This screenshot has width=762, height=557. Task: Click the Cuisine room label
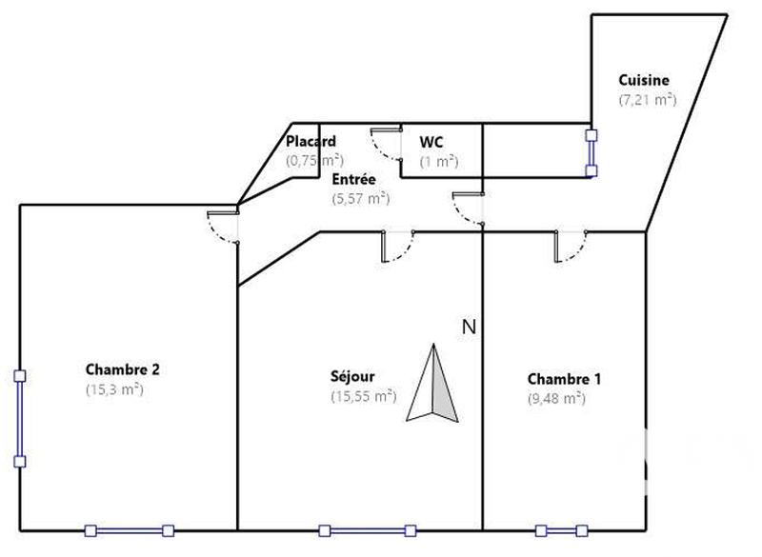pyautogui.click(x=645, y=81)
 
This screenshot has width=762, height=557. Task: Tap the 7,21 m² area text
pyautogui.click(x=647, y=100)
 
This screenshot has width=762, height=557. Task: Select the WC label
pyautogui.click(x=432, y=143)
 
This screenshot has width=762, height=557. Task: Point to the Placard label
pyautogui.click(x=311, y=142)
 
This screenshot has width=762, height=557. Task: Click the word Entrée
pyautogui.click(x=353, y=179)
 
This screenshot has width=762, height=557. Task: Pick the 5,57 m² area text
pyautogui.click(x=359, y=198)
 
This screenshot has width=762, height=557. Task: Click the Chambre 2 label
pyautogui.click(x=122, y=369)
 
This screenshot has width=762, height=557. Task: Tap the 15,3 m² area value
pyautogui.click(x=113, y=388)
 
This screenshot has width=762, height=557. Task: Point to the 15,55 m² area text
pyautogui.click(x=363, y=396)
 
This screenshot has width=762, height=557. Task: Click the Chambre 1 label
pyautogui.click(x=564, y=379)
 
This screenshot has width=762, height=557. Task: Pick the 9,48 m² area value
pyautogui.click(x=556, y=399)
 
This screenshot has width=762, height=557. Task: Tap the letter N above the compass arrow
pyautogui.click(x=468, y=328)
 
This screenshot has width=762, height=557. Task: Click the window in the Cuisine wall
pyautogui.click(x=592, y=153)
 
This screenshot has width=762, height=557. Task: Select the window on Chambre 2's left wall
pyautogui.click(x=19, y=419)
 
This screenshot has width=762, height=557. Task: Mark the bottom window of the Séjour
pyautogui.click(x=368, y=530)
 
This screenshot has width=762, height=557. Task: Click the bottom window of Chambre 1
pyautogui.click(x=561, y=530)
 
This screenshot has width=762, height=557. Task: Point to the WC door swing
pyautogui.click(x=386, y=145)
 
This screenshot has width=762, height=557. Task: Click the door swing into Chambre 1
pyautogui.click(x=570, y=247)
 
